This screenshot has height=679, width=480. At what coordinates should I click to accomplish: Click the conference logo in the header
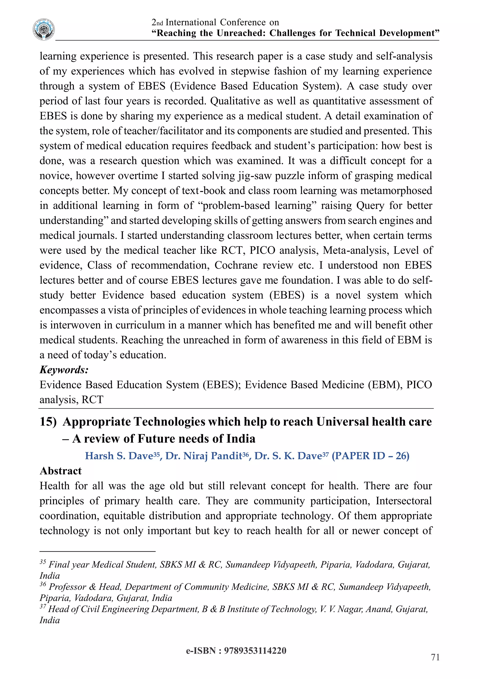click(x=44, y=29)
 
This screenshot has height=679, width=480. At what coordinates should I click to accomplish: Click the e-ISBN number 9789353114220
click(x=255, y=651)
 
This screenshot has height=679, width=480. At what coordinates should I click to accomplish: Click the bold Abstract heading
click(x=61, y=471)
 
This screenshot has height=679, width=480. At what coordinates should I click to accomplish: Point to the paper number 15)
click(x=48, y=422)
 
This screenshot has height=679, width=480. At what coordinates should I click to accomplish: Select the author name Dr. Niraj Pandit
click(x=204, y=456)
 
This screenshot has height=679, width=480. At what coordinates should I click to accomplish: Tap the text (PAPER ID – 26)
click(x=370, y=456)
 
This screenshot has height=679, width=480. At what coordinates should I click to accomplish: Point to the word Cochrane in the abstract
click(x=235, y=265)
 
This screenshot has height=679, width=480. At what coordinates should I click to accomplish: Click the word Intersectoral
click(x=404, y=501)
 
